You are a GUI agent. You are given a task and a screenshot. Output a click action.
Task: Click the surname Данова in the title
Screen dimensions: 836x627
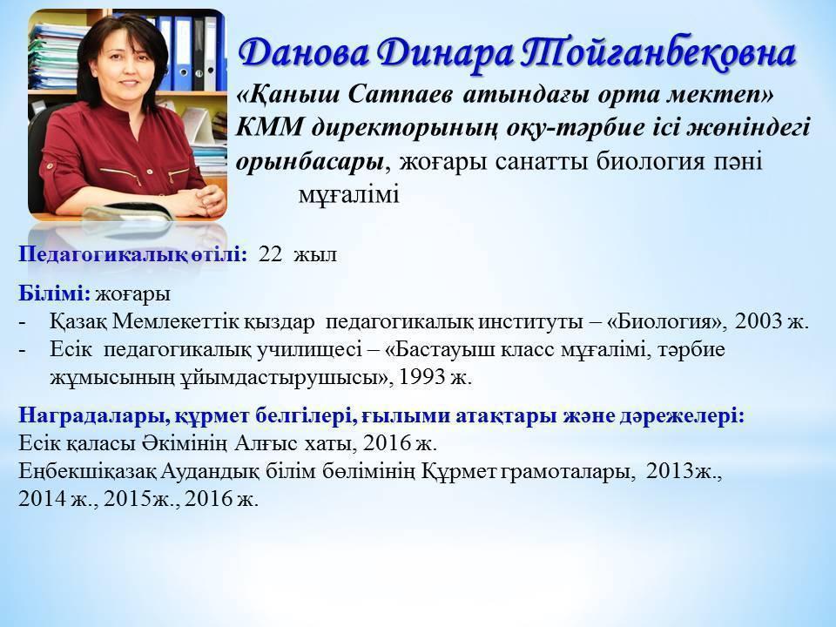coord(303,54)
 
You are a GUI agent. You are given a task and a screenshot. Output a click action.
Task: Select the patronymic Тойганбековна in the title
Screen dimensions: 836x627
coord(657,54)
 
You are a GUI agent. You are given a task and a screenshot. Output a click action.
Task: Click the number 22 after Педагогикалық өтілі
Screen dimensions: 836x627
coord(270,254)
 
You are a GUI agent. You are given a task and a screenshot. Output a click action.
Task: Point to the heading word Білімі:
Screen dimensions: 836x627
coord(54,293)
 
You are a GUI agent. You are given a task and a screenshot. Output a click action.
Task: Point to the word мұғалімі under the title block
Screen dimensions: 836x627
coord(348,195)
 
